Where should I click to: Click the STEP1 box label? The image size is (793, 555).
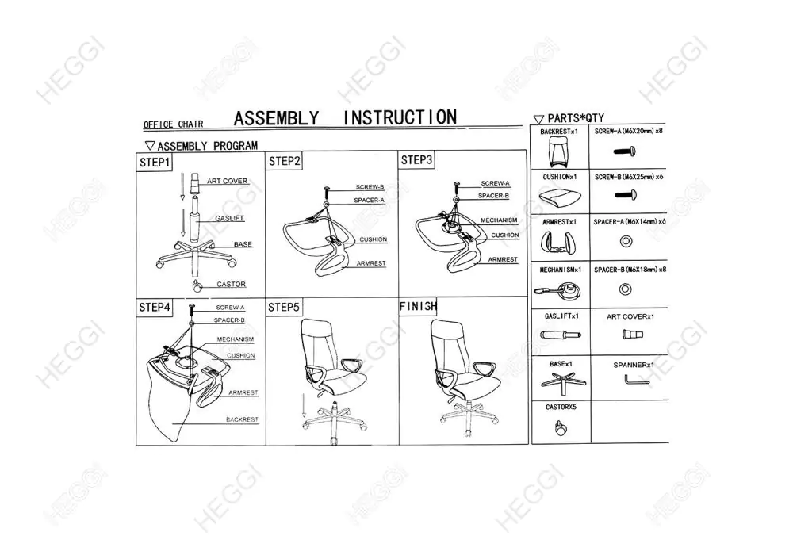[x=155, y=163]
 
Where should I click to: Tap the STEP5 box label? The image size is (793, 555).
[x=284, y=308]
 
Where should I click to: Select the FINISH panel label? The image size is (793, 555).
[x=418, y=306]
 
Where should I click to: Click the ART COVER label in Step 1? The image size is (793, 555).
[x=227, y=181]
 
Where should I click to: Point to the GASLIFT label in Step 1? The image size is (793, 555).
[x=230, y=218]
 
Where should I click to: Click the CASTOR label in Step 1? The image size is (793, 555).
[x=231, y=284]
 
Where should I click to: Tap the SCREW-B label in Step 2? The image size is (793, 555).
[x=370, y=187]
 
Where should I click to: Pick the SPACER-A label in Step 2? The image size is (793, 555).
[x=370, y=200]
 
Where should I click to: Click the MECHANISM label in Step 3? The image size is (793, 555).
[x=499, y=220]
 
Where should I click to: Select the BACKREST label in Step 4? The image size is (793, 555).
[x=242, y=419]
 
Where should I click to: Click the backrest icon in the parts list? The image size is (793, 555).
[x=560, y=151]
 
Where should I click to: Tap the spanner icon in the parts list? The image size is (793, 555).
[x=636, y=380]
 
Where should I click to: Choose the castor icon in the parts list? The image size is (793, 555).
[x=561, y=428]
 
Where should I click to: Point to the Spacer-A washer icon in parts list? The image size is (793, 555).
[x=626, y=241]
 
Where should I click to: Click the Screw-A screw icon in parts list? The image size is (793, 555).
[x=625, y=151]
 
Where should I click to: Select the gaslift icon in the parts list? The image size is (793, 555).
[x=561, y=335]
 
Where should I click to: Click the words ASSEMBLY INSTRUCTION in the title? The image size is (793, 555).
[x=345, y=118]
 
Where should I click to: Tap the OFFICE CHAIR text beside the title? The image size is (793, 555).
[x=174, y=124]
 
